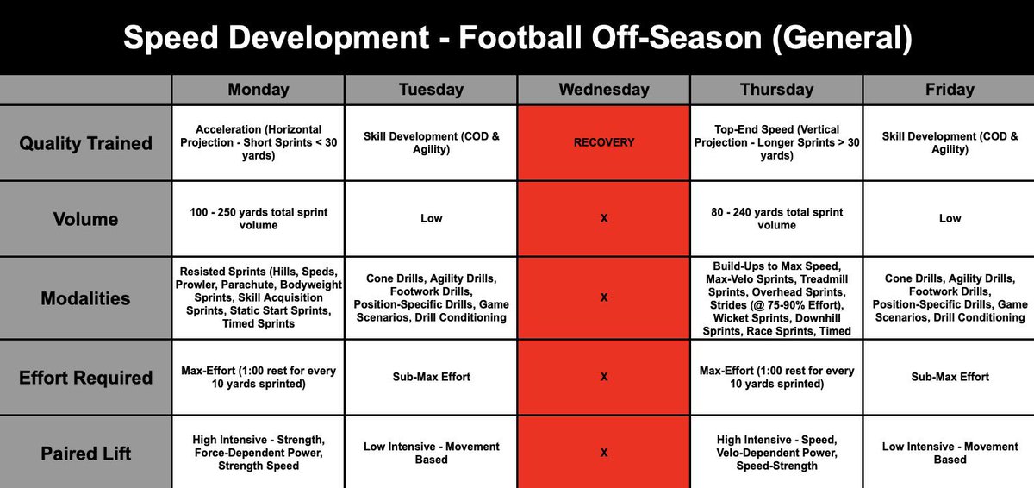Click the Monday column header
coord(258,90)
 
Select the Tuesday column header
coord(431,90)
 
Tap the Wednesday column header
coord(603,90)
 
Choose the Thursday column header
coord(775,90)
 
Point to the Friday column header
coord(950,90)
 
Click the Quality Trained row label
coord(85,143)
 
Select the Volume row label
coord(85,219)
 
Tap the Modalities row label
coord(85,298)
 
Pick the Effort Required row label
coord(85,378)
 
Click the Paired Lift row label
coord(85,453)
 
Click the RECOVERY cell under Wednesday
coord(603,143)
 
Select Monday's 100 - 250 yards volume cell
coord(258,219)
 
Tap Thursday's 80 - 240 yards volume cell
coord(775,219)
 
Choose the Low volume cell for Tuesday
coord(431,219)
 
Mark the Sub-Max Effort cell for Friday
coord(950,377)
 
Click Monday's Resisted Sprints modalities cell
coord(258,298)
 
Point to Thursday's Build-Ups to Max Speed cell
coord(775,298)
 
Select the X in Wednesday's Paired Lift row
coord(603,453)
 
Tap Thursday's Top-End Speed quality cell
coord(775,143)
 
